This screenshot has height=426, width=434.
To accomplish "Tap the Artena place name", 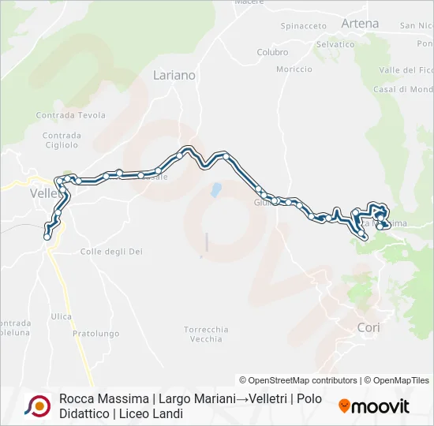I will tap(360, 24).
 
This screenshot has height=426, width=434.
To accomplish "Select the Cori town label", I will tap(369, 327).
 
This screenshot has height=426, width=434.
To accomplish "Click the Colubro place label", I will tap(272, 53).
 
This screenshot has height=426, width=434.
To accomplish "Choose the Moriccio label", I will tap(294, 69).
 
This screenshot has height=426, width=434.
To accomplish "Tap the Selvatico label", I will tap(335, 44).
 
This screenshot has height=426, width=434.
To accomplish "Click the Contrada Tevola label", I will tap(70, 115).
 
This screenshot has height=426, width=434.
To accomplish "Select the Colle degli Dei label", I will tap(111, 252).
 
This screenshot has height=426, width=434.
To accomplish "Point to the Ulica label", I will tap(61, 316).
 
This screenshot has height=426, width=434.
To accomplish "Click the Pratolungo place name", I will tap(95, 334).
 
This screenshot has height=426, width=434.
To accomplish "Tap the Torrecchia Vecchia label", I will tap(206, 334).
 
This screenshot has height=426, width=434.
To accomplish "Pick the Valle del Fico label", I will tap(406, 70).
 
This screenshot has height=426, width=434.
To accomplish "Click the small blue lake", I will tap(214, 190).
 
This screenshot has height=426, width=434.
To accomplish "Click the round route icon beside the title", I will tap(36, 405).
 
